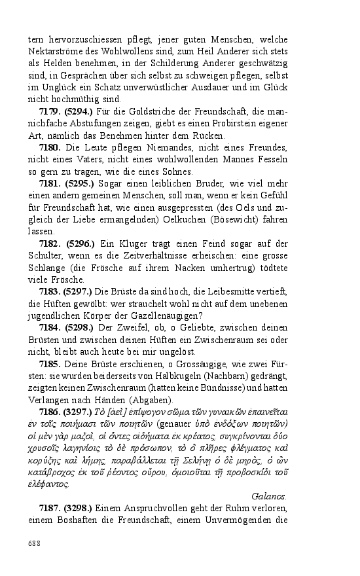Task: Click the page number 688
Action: (34, 543)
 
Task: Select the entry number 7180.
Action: (50, 147)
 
